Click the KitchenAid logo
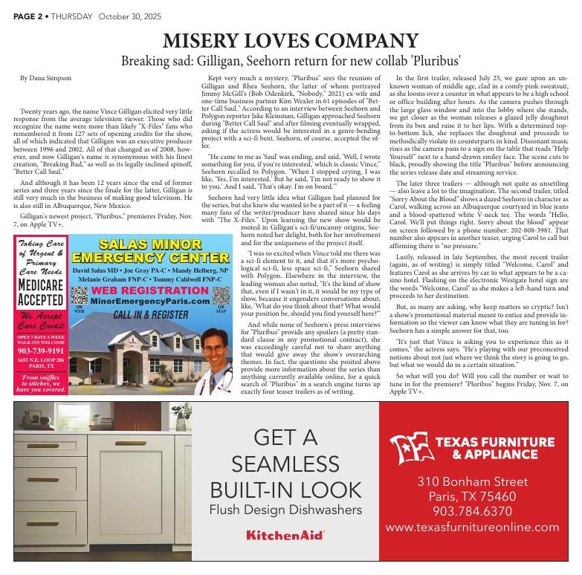[x=285, y=534]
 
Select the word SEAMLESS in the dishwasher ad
[x=285, y=464]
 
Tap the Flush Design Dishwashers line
[x=285, y=510]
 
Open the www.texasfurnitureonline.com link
[x=472, y=527]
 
